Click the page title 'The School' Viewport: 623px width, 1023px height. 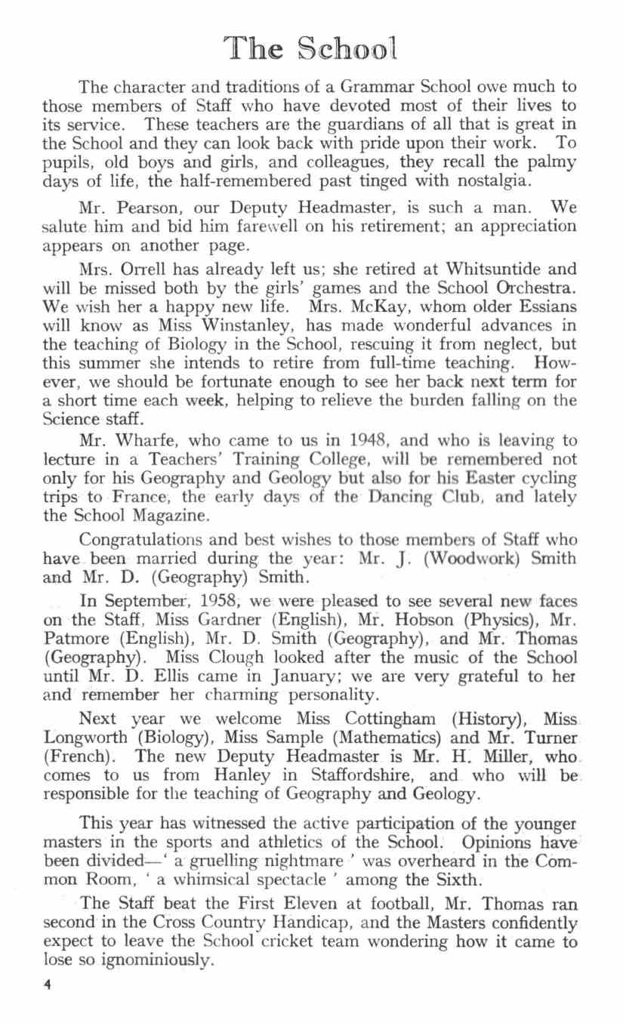(311, 50)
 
